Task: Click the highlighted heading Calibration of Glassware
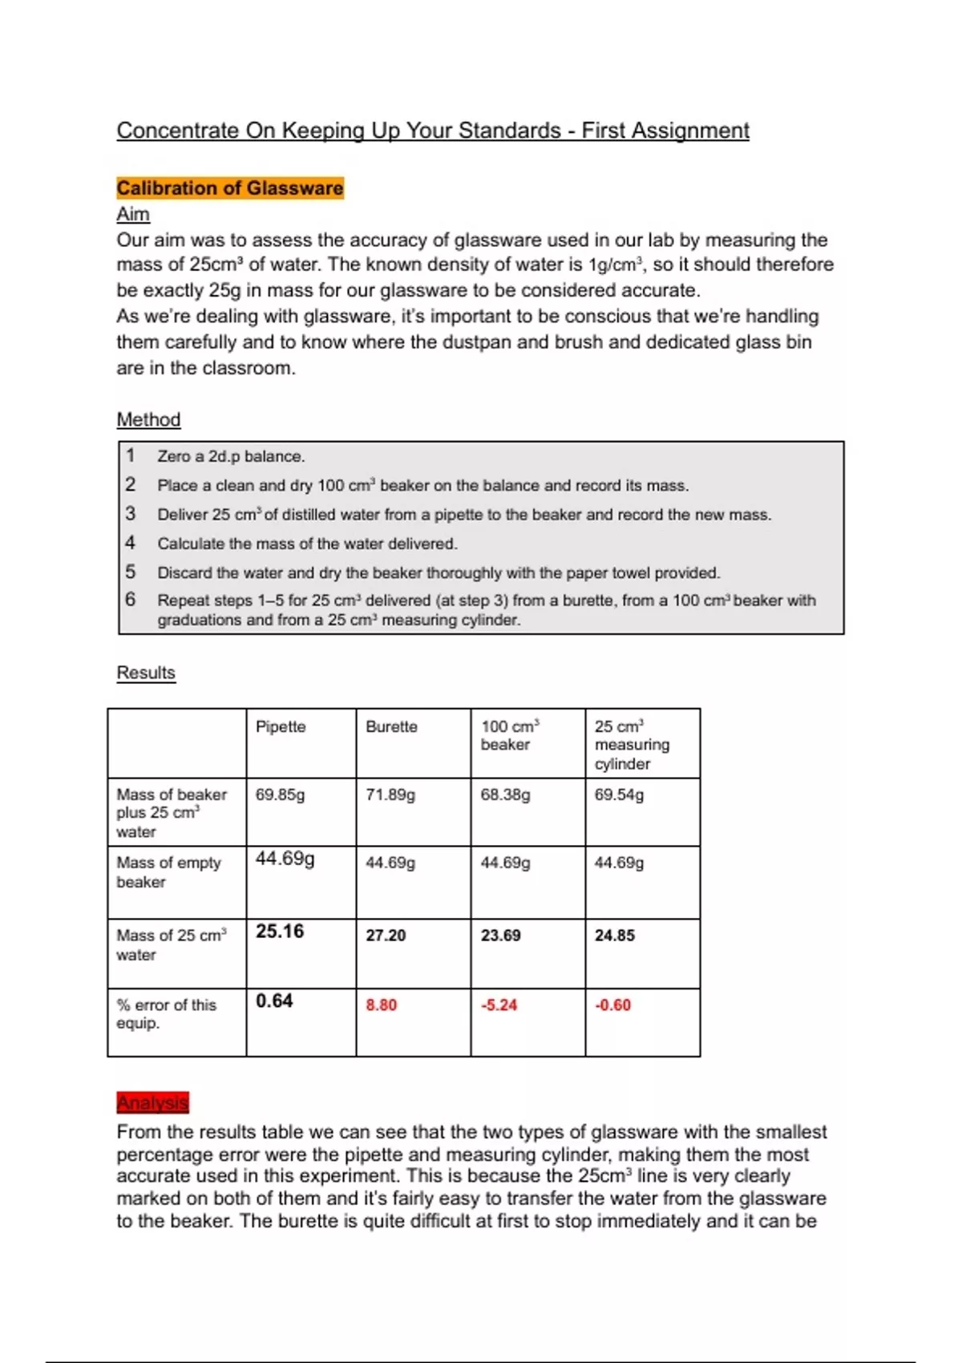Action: pyautogui.click(x=229, y=188)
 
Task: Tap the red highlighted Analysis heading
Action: pyautogui.click(x=152, y=1103)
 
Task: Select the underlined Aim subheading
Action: pyautogui.click(x=133, y=214)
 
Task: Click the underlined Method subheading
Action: pyautogui.click(x=148, y=419)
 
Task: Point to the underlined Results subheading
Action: pyautogui.click(x=146, y=673)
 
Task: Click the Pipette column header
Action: pyautogui.click(x=281, y=726)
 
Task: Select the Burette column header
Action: pyautogui.click(x=391, y=726)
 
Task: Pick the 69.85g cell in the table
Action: pyautogui.click(x=280, y=795)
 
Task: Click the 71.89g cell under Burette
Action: pyautogui.click(x=390, y=795)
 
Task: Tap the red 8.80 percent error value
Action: pyautogui.click(x=381, y=1005)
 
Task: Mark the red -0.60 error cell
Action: pyautogui.click(x=612, y=1005)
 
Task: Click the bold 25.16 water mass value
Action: pyautogui.click(x=280, y=932)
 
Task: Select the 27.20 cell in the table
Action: pyautogui.click(x=386, y=936)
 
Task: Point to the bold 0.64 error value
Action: pyautogui.click(x=274, y=1001)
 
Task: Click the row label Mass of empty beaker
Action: pyautogui.click(x=168, y=872)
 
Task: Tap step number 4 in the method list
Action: pyautogui.click(x=130, y=543)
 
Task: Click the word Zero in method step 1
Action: pyautogui.click(x=173, y=456)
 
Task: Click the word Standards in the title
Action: pyautogui.click(x=509, y=130)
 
